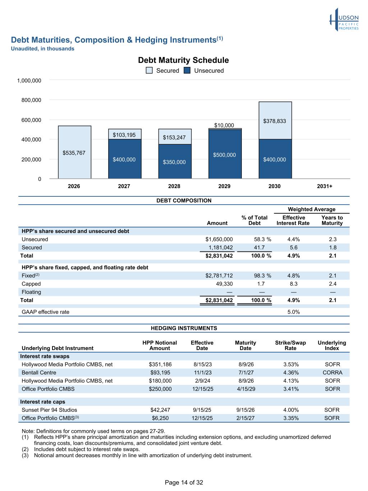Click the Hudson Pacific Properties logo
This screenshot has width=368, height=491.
click(x=344, y=20)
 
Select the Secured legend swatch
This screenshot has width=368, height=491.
click(x=149, y=71)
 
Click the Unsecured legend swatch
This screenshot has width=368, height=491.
click(x=187, y=71)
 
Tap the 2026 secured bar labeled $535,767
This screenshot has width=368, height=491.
click(x=75, y=152)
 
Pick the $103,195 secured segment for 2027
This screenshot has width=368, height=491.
click(x=125, y=134)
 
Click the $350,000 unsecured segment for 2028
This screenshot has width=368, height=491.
click(x=175, y=162)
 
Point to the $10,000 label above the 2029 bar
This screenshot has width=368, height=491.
click(x=224, y=125)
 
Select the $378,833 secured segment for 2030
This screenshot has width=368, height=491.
click(x=275, y=121)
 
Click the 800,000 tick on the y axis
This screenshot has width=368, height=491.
click(x=31, y=100)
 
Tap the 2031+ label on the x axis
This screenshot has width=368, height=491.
click(x=325, y=186)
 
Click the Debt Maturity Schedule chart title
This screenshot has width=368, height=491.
click(x=183, y=60)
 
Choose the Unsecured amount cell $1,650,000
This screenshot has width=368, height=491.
click(x=219, y=239)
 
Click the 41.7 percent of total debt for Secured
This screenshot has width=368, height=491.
click(x=259, y=247)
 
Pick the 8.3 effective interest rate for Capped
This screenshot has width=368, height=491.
click(x=294, y=284)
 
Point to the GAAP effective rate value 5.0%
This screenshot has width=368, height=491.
click(x=294, y=312)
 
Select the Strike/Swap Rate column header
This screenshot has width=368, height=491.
click(x=290, y=345)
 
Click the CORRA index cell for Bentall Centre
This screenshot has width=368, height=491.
click(x=332, y=372)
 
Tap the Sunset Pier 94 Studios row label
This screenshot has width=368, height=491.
click(x=49, y=410)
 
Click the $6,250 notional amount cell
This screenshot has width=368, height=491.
click(x=160, y=418)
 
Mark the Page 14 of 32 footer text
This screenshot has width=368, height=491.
click(x=184, y=482)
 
